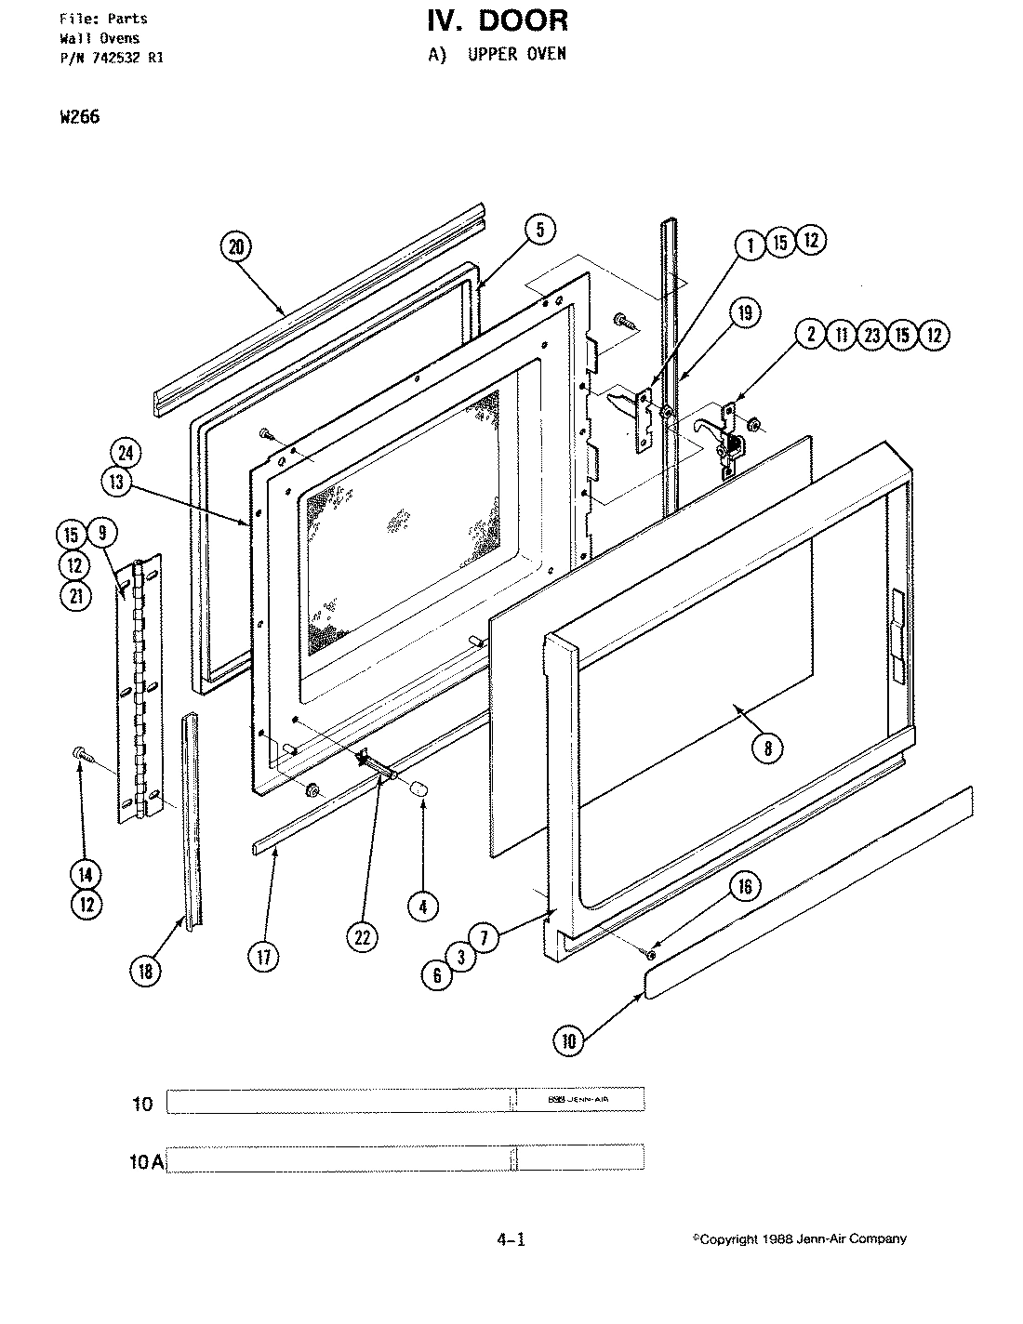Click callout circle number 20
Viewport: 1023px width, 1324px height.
click(236, 246)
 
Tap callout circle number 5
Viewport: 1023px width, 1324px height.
click(539, 229)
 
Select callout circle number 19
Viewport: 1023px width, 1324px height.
click(745, 312)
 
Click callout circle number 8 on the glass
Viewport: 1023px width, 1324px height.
click(767, 748)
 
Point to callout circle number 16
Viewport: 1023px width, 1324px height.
click(745, 886)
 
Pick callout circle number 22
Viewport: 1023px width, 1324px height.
click(362, 936)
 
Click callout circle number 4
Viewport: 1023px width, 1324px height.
click(423, 906)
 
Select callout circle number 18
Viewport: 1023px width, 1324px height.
click(145, 971)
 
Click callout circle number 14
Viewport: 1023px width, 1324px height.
click(86, 873)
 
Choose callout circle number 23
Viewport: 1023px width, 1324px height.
click(871, 335)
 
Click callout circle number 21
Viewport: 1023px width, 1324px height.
click(75, 596)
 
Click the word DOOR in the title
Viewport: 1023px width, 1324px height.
click(518, 20)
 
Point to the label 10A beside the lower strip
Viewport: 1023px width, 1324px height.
click(146, 1161)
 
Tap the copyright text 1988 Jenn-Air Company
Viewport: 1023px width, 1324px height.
click(800, 1238)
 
